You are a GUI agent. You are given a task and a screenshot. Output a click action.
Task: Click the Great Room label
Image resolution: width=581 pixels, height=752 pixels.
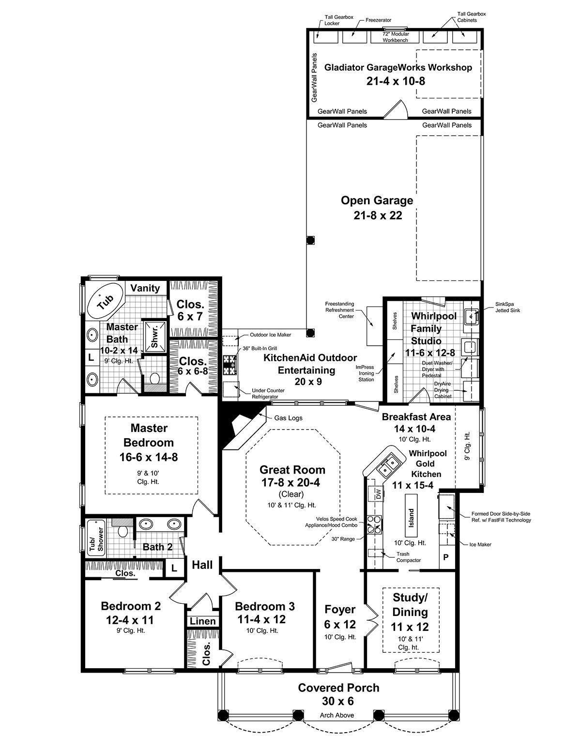pos(292,470)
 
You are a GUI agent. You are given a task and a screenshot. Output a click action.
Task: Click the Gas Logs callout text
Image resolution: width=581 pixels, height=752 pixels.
pos(288,418)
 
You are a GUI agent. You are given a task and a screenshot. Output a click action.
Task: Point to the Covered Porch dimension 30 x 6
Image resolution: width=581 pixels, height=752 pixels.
pos(338,701)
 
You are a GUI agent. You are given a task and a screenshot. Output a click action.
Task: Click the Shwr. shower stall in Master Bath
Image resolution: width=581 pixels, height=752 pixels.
pos(154,335)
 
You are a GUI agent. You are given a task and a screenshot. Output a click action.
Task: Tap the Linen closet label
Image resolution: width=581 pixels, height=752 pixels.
pos(203,621)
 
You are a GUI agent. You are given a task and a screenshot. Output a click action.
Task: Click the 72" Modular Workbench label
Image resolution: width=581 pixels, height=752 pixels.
pos(396,37)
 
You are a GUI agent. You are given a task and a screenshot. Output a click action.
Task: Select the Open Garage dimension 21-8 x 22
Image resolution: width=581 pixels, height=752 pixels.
pos(378,215)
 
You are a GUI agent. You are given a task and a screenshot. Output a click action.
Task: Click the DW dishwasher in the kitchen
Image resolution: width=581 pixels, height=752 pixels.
pos(378,492)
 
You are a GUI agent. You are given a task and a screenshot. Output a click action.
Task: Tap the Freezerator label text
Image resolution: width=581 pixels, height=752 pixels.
pos(379,20)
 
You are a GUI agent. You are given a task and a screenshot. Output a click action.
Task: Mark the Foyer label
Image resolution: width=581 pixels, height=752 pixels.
pos(340,610)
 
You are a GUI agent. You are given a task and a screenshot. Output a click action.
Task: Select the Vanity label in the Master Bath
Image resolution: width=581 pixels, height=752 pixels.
pos(145,288)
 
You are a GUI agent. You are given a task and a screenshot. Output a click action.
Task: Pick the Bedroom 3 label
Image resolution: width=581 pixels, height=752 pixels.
pos(265,606)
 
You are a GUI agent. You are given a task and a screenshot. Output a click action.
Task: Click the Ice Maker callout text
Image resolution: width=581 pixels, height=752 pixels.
pos(480,544)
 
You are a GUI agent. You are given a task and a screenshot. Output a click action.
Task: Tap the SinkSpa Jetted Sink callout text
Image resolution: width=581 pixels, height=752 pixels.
pos(507,307)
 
